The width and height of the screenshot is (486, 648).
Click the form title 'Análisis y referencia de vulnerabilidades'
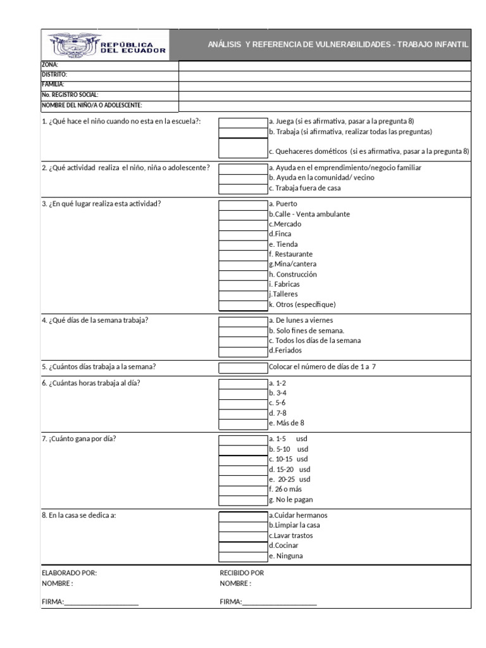338,45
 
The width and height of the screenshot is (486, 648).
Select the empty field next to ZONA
325,65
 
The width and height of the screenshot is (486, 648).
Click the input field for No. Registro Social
325,95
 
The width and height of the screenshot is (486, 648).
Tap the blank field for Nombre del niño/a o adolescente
325,106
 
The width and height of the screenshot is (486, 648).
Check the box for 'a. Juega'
243,122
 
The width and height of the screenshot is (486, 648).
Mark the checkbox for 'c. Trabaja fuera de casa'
243,188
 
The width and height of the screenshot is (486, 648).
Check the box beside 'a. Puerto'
243,204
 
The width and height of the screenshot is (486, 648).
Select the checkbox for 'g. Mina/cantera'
243,264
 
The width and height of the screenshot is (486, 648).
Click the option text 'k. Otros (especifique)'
302,304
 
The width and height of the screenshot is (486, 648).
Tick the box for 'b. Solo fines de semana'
243,330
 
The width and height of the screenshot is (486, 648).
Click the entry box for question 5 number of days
243,367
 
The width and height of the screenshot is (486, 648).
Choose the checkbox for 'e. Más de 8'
243,423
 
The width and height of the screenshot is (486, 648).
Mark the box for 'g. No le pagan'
243,499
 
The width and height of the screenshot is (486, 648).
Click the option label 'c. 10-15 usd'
289,459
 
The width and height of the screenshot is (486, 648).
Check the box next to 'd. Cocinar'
243,545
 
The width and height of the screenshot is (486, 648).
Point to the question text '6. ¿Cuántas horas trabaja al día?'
91,383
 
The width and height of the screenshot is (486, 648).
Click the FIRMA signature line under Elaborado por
101,602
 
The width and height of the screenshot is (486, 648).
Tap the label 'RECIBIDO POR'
242,573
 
